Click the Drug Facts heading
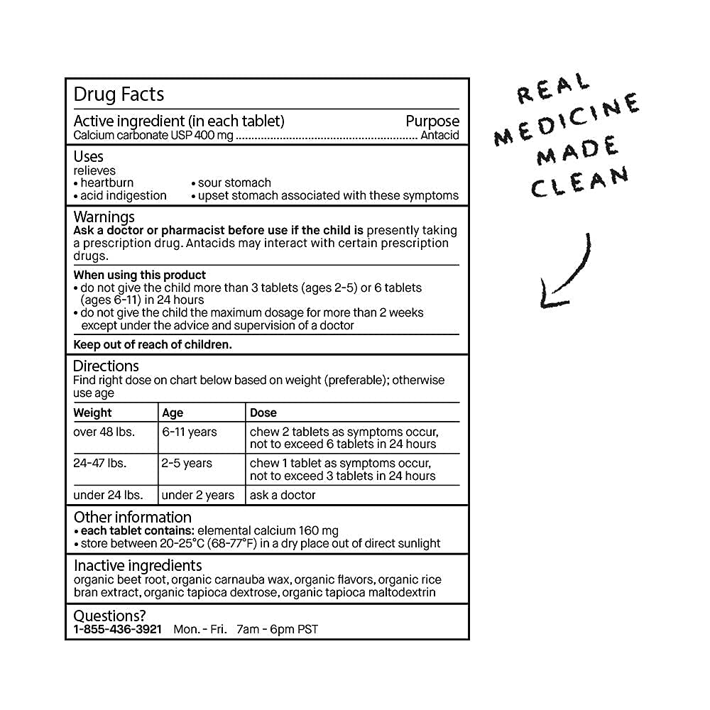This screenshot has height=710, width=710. (119, 94)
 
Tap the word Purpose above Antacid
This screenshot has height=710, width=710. (432, 121)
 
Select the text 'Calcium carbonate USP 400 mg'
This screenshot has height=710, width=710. (153, 136)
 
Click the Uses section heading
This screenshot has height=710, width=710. (89, 156)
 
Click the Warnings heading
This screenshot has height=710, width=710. (104, 217)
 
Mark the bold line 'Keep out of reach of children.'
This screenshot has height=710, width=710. (153, 345)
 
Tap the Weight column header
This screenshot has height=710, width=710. (93, 413)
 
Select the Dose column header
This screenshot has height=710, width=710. (263, 413)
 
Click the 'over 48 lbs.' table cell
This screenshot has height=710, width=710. (104, 432)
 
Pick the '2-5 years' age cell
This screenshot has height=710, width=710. (187, 463)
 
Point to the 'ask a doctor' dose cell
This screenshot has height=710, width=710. (283, 495)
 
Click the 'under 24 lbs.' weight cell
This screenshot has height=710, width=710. (108, 495)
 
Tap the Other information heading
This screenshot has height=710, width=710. (133, 517)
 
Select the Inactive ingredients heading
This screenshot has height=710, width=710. (138, 565)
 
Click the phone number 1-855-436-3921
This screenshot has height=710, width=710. (118, 629)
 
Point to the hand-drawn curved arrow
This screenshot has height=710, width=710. (565, 273)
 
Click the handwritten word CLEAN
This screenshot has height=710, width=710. (579, 182)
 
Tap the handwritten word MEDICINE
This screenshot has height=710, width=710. (567, 121)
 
